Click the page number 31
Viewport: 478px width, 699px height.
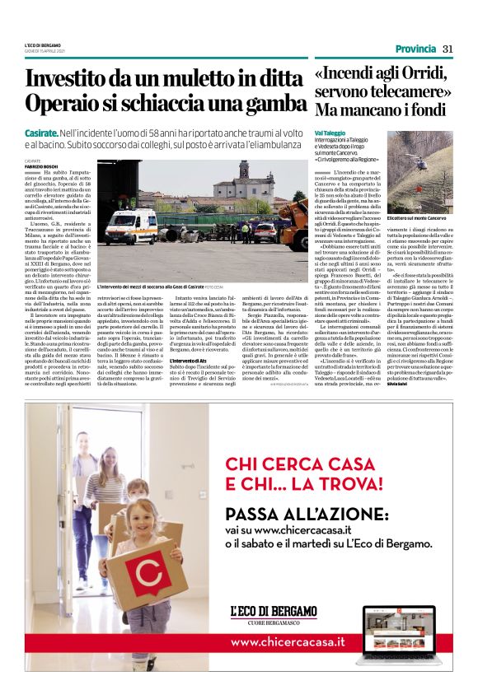pyautogui.click(x=448, y=49)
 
